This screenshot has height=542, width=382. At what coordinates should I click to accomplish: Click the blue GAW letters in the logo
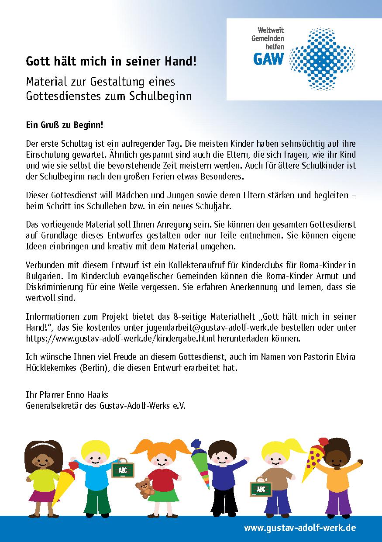(268, 58)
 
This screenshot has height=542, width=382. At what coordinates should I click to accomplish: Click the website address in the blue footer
(300, 528)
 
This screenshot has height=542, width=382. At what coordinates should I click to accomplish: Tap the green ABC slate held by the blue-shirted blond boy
(122, 470)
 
